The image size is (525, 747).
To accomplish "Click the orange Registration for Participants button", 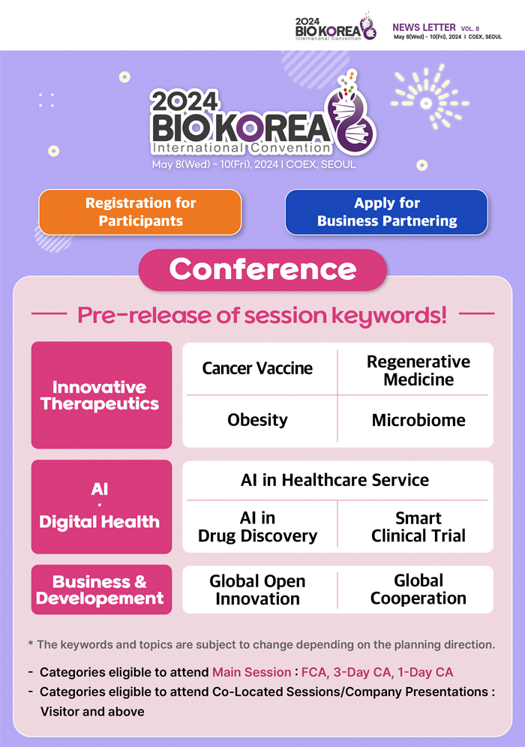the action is tap(140, 212).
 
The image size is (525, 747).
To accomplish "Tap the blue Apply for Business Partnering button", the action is tap(386, 212).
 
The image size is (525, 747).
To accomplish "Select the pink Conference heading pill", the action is tap(262, 270).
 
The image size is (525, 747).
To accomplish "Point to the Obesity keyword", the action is tap(257, 420).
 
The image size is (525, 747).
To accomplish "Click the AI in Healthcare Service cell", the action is tap(337, 480).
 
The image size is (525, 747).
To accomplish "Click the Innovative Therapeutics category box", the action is tap(101, 395).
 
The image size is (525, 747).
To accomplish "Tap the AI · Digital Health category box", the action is tap(101, 506).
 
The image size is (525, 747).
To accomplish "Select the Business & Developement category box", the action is tap(101, 589).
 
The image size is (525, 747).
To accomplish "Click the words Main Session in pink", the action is tap(251, 672).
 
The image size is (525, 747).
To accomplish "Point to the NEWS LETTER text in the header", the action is tap(424, 28).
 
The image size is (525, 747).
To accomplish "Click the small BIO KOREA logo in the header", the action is tap(335, 27).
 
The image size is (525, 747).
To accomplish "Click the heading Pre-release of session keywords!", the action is tap(262, 315).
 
